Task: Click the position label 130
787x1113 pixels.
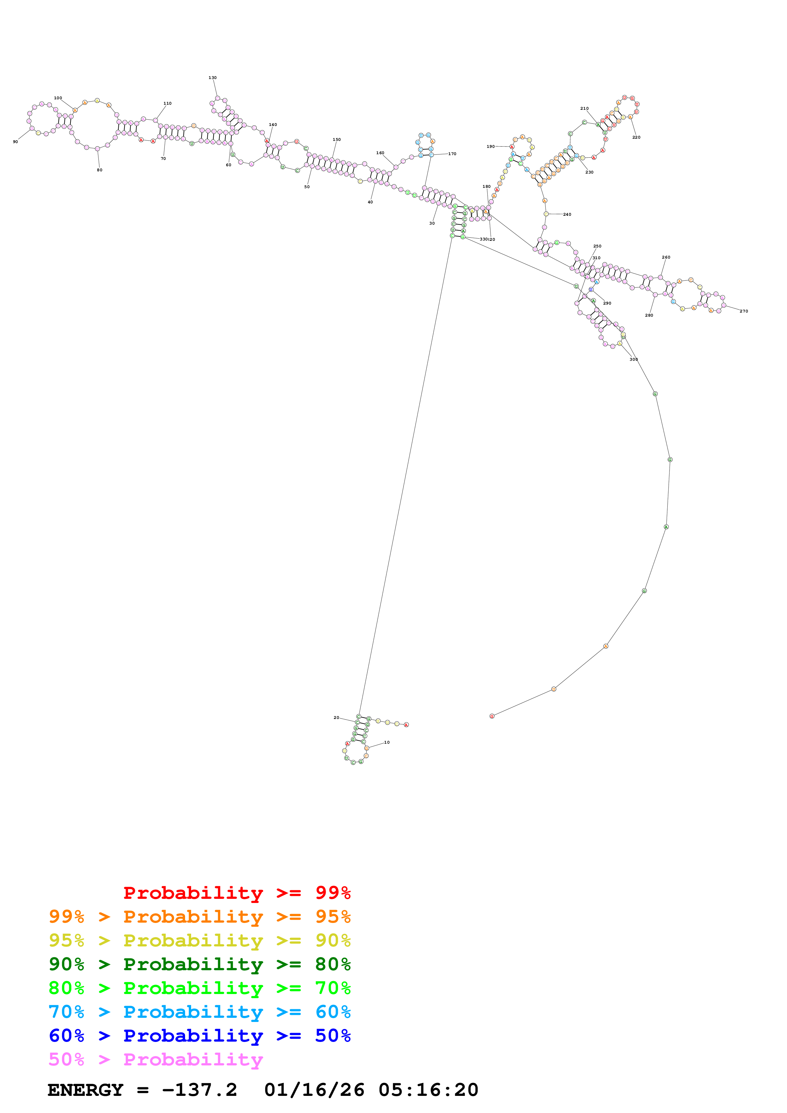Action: (212, 77)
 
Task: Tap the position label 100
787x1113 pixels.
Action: (58, 98)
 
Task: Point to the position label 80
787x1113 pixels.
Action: (99, 170)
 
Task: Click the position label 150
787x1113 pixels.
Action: (337, 140)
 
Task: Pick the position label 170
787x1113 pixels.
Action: (452, 154)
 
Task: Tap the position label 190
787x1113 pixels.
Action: (491, 146)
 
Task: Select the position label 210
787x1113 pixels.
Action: (584, 109)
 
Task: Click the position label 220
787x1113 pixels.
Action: (636, 137)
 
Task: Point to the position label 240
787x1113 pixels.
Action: (567, 214)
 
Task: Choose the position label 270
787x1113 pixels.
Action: (744, 311)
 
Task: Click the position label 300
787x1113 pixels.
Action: (633, 359)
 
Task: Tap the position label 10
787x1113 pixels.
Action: (386, 742)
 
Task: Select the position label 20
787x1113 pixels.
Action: (337, 717)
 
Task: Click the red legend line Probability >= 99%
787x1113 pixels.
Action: (237, 893)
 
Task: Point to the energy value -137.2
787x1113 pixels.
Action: (199, 1090)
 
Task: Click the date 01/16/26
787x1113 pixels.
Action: (314, 1090)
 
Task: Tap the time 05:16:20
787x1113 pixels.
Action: (428, 1090)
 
